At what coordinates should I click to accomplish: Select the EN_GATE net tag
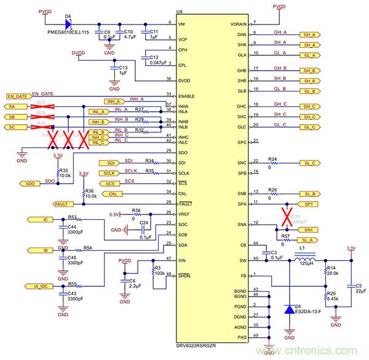click(18, 96)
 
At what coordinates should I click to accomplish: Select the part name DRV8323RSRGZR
click(199, 347)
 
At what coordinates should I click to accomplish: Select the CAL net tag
click(111, 193)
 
